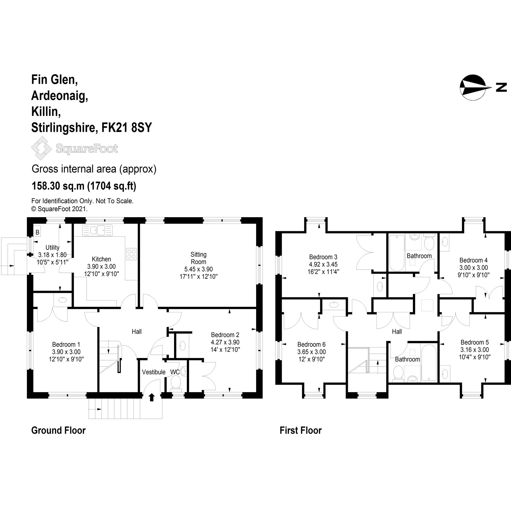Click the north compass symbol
tap(475, 87)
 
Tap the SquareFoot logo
tap(74, 148)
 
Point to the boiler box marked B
tap(37, 233)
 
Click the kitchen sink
tap(97, 231)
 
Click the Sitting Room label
tap(198, 258)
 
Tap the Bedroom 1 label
tap(66, 344)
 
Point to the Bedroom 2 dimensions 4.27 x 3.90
tap(225, 342)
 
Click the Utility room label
tap(52, 248)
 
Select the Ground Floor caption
tap(58, 430)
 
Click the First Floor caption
tap(301, 430)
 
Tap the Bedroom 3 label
tap(323, 257)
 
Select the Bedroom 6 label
tap(311, 344)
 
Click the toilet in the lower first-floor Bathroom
tap(398, 373)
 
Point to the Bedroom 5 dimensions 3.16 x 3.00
tap(474, 350)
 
